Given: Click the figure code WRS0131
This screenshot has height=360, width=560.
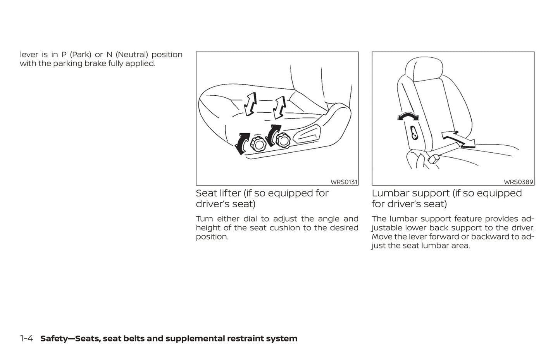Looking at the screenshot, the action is pos(344,182).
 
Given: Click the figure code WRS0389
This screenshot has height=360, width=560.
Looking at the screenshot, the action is pos(519,182).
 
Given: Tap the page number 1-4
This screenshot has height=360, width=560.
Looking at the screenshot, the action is pos(26,339).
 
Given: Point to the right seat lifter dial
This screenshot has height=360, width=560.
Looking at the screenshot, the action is pos(283,140).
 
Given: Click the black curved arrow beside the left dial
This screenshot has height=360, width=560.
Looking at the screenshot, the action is pos(242,144).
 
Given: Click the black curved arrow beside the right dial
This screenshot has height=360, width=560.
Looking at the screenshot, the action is pos(273,135).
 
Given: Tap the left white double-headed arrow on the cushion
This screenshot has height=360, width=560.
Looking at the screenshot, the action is pos(250,104).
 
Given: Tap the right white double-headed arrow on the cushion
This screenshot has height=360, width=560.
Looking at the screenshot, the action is pos(279,107).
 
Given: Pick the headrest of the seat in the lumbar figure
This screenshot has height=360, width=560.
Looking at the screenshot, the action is pos(423,69).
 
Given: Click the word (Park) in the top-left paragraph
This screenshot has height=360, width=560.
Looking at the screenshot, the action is pos(81,55).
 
